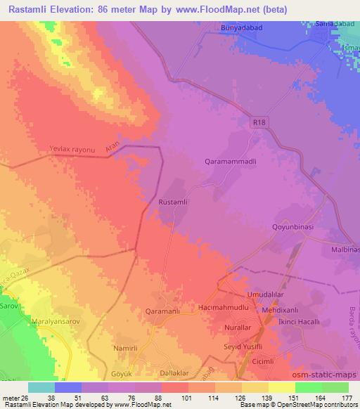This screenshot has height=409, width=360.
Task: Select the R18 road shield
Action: [260, 122]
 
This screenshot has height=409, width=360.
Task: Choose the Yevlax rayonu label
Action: [71, 150]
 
